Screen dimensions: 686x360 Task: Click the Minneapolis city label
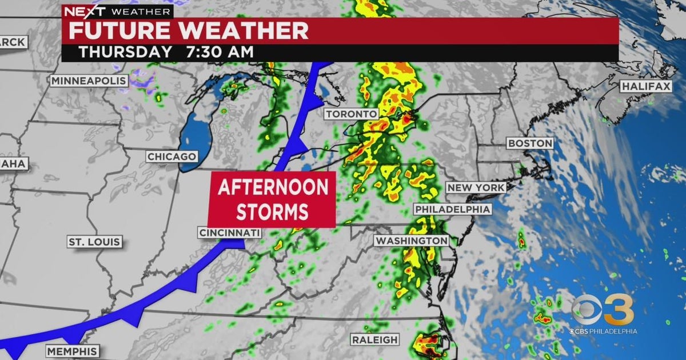(x=89, y=81)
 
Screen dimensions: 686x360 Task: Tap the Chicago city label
(x=172, y=156)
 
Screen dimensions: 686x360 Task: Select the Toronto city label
(x=352, y=114)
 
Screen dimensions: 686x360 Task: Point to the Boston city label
(x=530, y=143)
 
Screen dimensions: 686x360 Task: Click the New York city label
(x=476, y=187)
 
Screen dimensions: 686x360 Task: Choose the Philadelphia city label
(x=453, y=209)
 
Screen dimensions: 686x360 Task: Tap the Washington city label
(x=412, y=241)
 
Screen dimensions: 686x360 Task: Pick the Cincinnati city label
(x=229, y=233)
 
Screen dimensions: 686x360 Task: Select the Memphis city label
(x=72, y=350)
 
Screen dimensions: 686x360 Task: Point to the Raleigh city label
(x=375, y=339)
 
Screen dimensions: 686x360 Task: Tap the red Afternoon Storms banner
(x=272, y=199)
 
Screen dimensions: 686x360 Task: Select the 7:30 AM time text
(x=220, y=52)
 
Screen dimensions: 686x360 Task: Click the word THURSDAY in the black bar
(x=125, y=52)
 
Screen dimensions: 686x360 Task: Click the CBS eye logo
(x=586, y=311)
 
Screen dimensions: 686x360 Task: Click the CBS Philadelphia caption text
(x=603, y=331)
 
